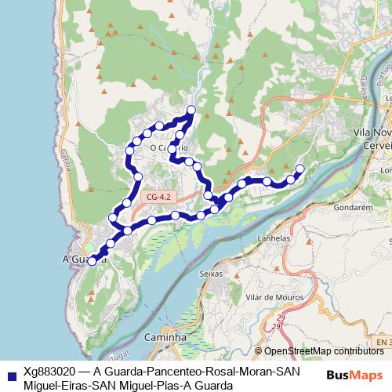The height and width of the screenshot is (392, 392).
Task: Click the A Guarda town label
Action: [76, 258]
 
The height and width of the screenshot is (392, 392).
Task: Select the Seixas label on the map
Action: [212, 274]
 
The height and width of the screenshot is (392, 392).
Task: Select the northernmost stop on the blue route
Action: [191, 109]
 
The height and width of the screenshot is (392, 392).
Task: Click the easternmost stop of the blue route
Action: [299, 168]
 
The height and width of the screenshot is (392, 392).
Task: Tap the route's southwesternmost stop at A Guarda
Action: [92, 261]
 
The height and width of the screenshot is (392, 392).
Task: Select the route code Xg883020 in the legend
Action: [49, 372]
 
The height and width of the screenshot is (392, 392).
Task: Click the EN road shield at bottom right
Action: [381, 343]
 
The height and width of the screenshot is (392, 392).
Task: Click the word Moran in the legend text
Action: [243, 372]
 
